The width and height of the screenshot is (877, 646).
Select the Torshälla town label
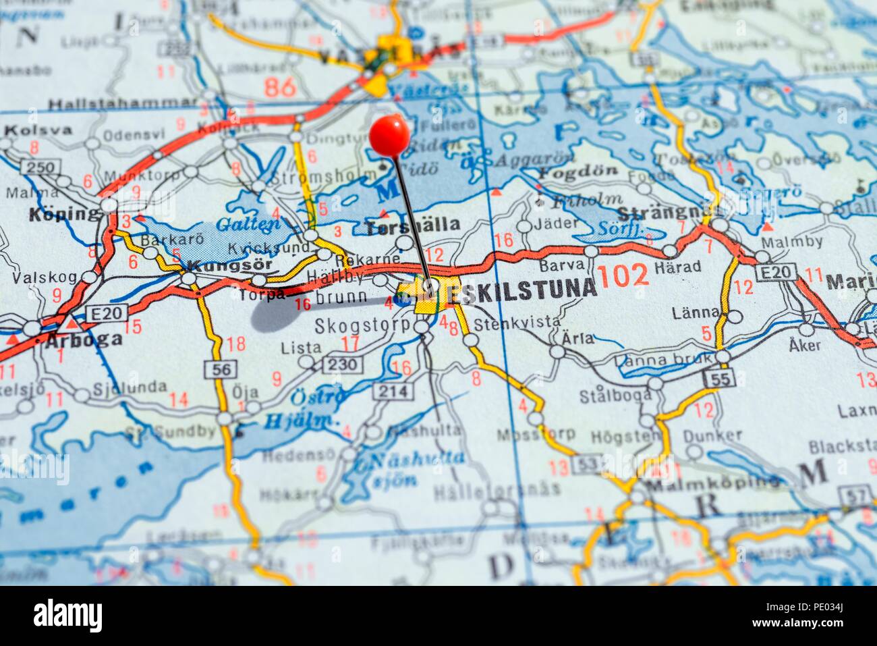[x=412, y=225]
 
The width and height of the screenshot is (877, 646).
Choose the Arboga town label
[x=85, y=339]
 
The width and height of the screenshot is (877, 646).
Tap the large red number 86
[x=280, y=86]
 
